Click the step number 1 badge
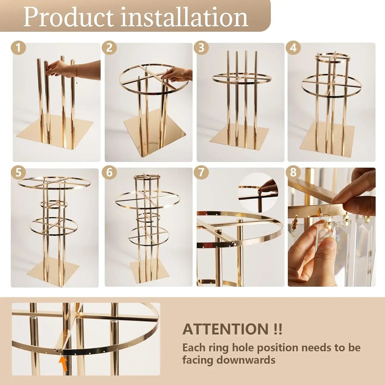point(18,48)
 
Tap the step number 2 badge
point(109,48)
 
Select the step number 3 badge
point(201,48)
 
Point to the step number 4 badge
point(293,48)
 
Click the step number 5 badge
point(18,172)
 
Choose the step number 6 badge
point(109,172)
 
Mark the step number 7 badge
point(201,172)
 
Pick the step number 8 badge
point(293,172)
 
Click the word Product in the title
point(68,17)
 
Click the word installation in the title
point(184,17)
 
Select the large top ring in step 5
point(55,183)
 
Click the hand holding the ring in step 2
point(178,75)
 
